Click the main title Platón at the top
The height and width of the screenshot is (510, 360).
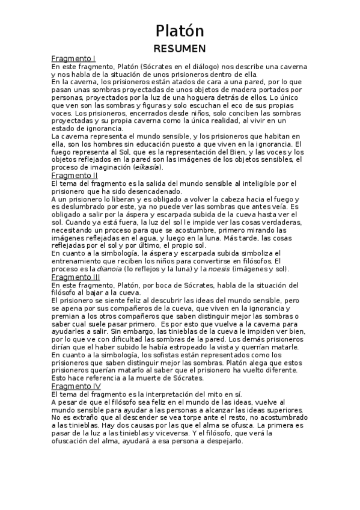180,31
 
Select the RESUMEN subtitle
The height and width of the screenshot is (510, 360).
180,48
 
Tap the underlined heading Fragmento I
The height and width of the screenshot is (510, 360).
74,59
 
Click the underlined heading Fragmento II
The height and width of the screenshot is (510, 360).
75,175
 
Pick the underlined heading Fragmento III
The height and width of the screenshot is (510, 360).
76,277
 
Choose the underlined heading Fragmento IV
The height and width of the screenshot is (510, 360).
76,386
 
